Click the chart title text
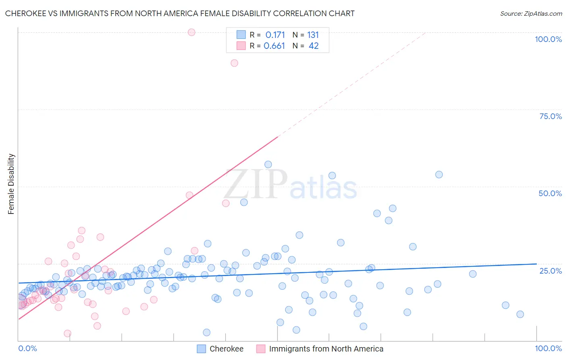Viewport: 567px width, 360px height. [180, 13]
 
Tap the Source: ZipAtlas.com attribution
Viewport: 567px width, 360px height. [531, 13]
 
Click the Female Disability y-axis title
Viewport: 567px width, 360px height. [11, 184]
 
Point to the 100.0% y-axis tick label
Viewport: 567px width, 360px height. [548, 39]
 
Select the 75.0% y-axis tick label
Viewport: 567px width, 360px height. [550, 116]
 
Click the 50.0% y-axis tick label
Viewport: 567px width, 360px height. [550, 193]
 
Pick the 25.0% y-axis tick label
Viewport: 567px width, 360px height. [550, 270]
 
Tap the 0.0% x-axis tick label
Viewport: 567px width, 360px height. [27, 348]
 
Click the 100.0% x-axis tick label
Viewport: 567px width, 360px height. [548, 348]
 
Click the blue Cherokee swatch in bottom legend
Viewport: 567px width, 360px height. [202, 349]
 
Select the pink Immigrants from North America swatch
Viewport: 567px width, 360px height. [261, 349]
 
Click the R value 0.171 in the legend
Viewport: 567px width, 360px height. [275, 35]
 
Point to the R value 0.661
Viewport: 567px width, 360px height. [274, 46]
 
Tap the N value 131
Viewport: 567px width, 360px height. [313, 35]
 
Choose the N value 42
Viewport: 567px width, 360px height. [313, 46]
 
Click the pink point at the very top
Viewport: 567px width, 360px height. [192, 32]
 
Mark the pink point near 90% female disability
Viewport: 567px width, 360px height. [234, 63]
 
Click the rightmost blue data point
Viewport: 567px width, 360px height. [520, 314]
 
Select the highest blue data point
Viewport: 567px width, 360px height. [268, 164]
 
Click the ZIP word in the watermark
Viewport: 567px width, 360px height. [256, 184]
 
